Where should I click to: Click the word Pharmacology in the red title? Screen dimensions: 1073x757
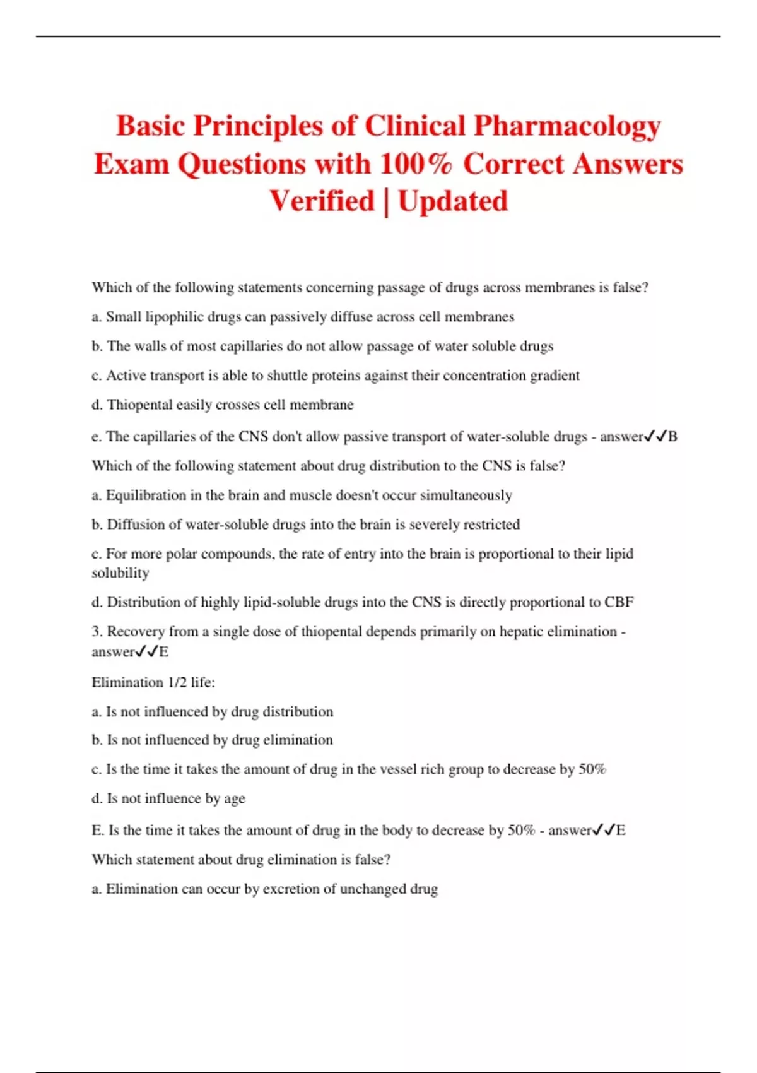[x=566, y=126]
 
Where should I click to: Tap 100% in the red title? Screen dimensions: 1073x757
[x=416, y=164]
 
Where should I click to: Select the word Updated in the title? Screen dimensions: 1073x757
[x=453, y=201]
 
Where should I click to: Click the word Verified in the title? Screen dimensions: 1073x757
[x=322, y=201]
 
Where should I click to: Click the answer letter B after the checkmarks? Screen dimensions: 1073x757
[x=672, y=437]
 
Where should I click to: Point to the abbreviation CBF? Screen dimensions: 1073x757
[x=619, y=602]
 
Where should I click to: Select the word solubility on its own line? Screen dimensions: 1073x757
[x=120, y=573]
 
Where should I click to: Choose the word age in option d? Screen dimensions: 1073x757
[x=235, y=799]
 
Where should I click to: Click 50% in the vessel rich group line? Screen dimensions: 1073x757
[x=592, y=769]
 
